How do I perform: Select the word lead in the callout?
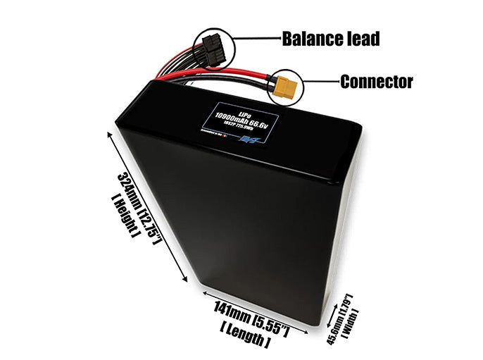[x=363, y=38]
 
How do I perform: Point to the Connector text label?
[x=376, y=82]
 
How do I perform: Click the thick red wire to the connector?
[x=232, y=72]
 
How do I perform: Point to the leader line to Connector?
[x=320, y=81]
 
